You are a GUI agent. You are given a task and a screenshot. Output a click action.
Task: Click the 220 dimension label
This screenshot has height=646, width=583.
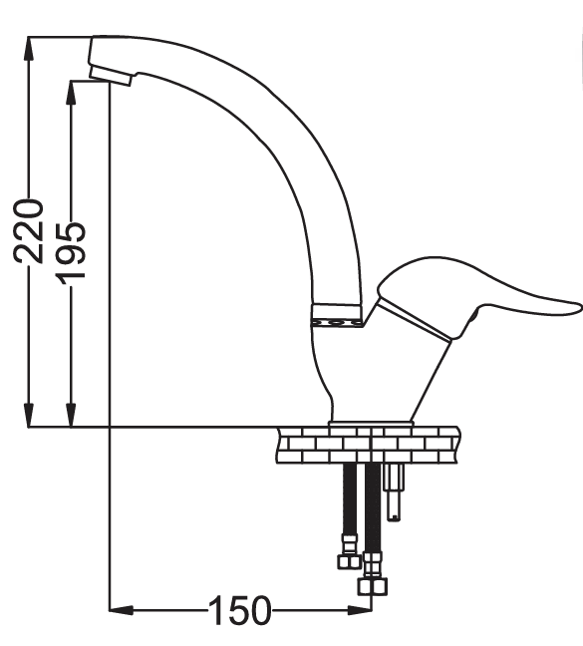coord(29,231)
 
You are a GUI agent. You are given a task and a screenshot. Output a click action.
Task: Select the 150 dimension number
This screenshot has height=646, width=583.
coord(239,610)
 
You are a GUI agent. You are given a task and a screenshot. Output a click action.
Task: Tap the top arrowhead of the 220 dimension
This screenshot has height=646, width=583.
coord(29,49)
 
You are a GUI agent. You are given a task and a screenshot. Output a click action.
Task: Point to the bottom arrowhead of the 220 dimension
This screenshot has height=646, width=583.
coord(29,415)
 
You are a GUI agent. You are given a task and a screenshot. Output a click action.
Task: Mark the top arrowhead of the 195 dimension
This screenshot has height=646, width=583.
coord(71,93)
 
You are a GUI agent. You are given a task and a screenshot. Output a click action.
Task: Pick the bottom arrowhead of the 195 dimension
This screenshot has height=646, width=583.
coord(71,415)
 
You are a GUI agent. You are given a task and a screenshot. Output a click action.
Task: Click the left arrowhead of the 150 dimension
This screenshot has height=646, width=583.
coord(122,610)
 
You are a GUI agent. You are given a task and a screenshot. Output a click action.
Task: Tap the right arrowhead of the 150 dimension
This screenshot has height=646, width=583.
coord(360,610)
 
